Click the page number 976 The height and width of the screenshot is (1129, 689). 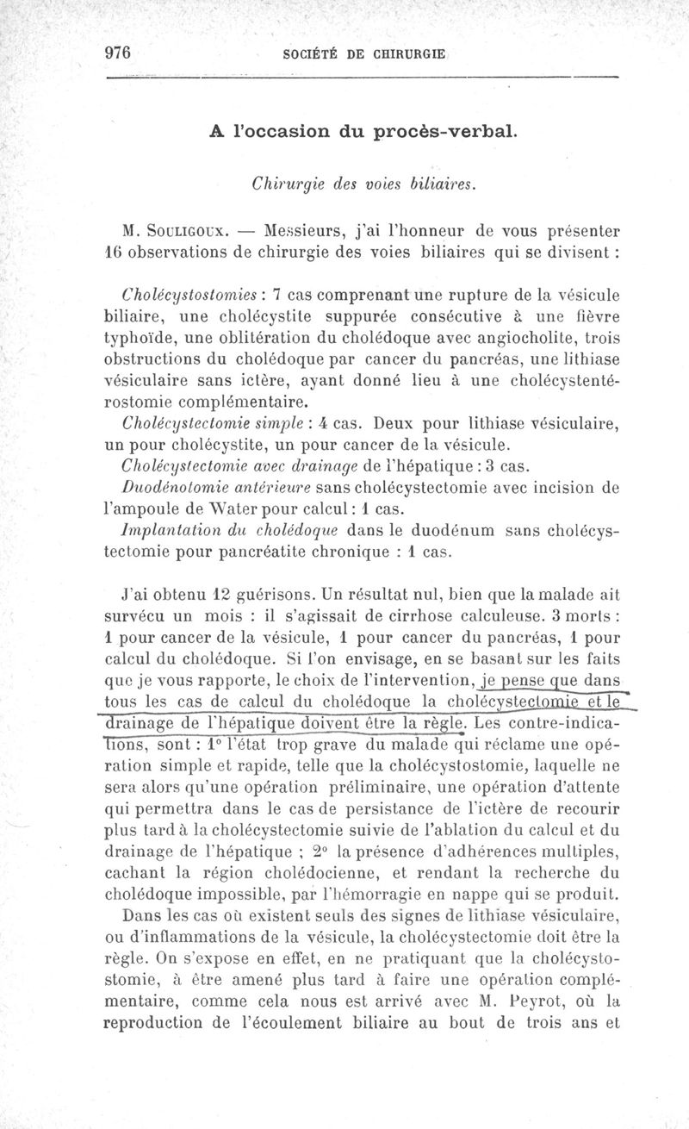coord(116,52)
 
